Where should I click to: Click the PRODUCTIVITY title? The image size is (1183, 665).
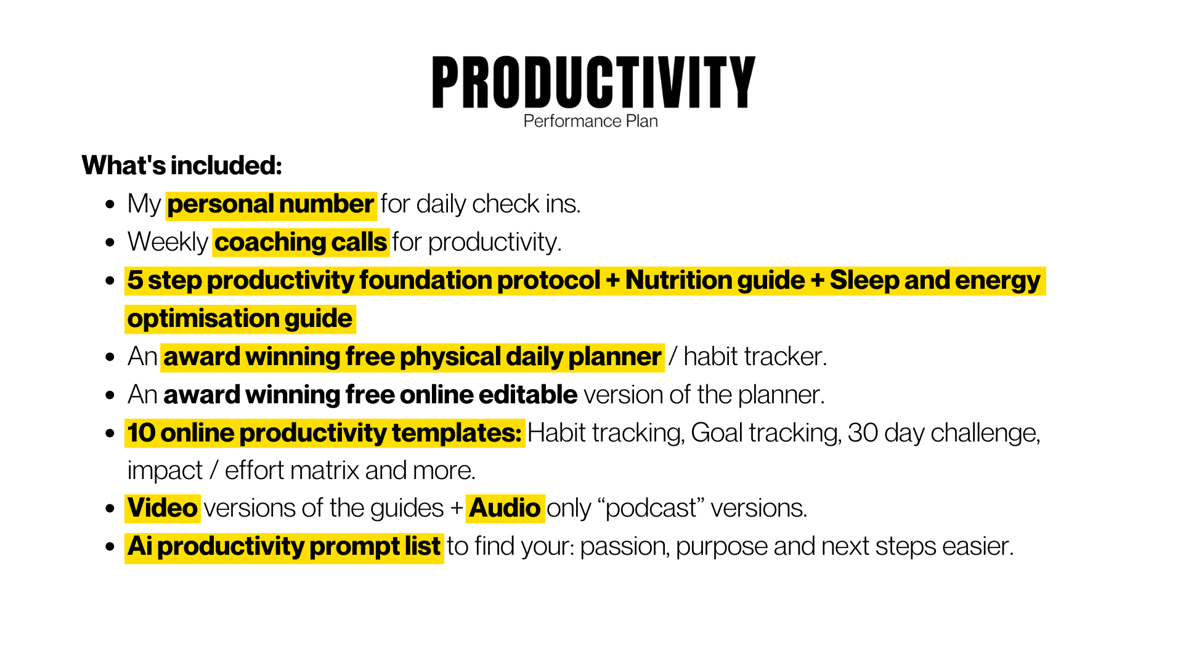click(x=593, y=83)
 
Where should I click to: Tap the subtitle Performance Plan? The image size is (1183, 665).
click(x=590, y=121)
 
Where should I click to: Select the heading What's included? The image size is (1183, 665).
click(x=182, y=166)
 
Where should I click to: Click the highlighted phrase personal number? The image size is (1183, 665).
click(x=270, y=204)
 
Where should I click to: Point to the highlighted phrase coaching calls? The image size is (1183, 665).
click(x=301, y=242)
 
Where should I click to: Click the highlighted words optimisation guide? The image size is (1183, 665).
click(x=240, y=319)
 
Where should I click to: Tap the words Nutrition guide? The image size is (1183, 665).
click(x=715, y=281)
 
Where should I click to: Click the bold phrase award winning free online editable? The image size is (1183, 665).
click(x=370, y=395)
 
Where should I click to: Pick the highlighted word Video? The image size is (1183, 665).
click(x=163, y=509)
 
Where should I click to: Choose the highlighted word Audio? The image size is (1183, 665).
click(x=505, y=509)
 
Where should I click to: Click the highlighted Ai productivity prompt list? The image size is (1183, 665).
click(x=284, y=547)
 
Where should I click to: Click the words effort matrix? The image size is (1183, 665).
click(x=293, y=471)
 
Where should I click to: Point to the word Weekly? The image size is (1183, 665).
click(x=168, y=243)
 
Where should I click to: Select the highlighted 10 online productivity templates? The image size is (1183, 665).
click(x=325, y=433)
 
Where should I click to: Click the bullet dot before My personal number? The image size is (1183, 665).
click(x=110, y=204)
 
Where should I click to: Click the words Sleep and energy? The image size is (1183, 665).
click(x=935, y=281)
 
